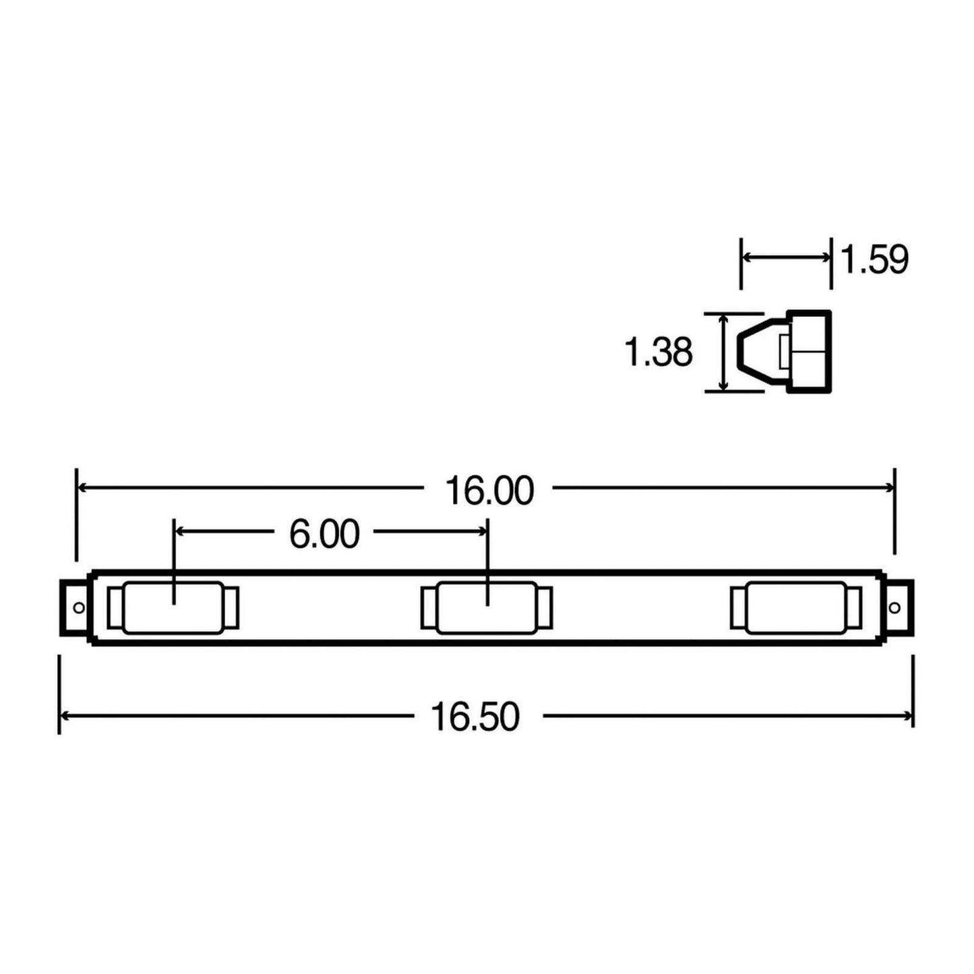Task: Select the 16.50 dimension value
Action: (x=475, y=717)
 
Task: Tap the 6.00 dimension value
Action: (x=324, y=534)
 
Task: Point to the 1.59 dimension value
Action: (x=875, y=260)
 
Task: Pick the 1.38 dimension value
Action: (x=659, y=352)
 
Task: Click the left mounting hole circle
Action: (x=78, y=608)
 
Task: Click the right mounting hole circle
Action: (x=894, y=608)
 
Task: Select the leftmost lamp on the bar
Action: (x=173, y=608)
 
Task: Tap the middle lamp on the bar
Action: (x=486, y=608)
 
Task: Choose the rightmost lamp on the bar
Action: (x=796, y=608)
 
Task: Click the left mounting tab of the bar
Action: (x=74, y=608)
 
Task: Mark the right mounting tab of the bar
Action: (x=900, y=608)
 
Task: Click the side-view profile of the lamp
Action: (x=785, y=351)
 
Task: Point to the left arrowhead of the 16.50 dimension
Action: (x=65, y=715)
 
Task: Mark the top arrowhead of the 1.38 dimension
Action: (x=724, y=319)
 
